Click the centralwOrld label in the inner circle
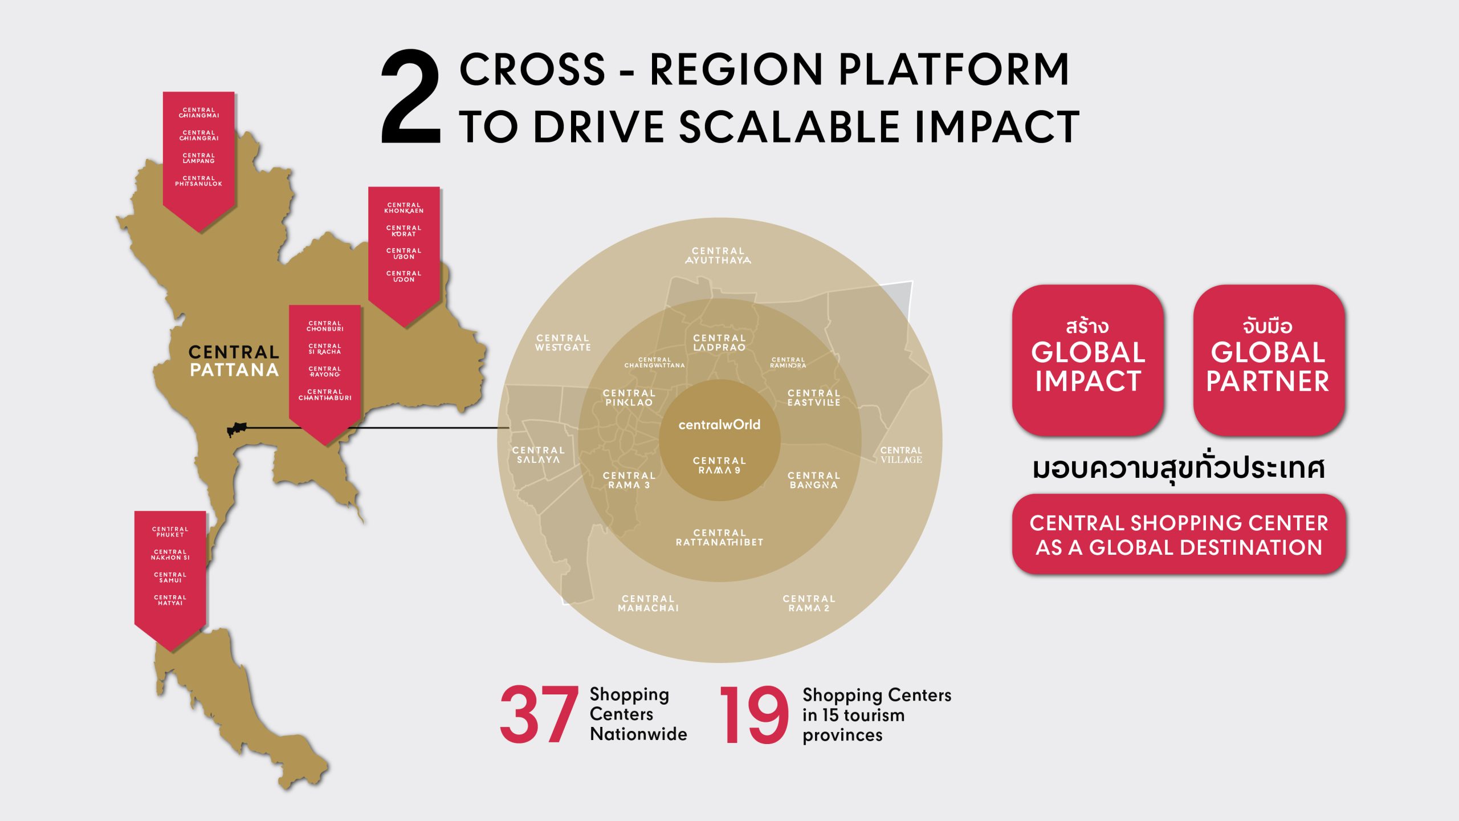click(719, 425)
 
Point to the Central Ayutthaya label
click(718, 255)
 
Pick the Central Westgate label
click(563, 343)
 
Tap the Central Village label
click(901, 455)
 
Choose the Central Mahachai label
click(649, 603)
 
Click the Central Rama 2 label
click(809, 603)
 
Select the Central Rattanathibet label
click(719, 537)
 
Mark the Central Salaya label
click(539, 455)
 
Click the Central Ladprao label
click(719, 343)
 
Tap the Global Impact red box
click(1087, 360)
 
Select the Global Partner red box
click(1269, 360)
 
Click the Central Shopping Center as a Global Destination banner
click(1179, 534)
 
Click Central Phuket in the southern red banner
click(170, 532)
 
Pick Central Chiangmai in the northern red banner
click(199, 112)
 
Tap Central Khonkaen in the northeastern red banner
click(404, 208)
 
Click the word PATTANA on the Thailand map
click(234, 370)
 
